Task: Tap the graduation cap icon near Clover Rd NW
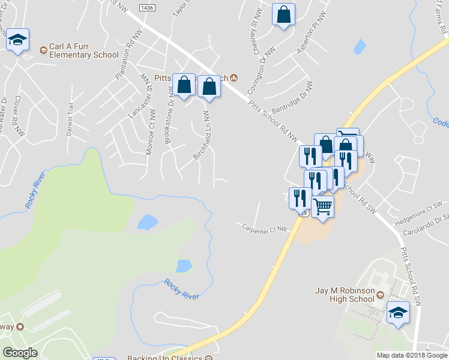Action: pyautogui.click(x=18, y=41)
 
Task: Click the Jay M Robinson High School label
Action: pyautogui.click(x=345, y=295)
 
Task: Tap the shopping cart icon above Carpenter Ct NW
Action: pyautogui.click(x=323, y=207)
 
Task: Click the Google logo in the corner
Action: pyautogui.click(x=20, y=353)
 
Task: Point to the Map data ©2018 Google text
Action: pyautogui.click(x=412, y=355)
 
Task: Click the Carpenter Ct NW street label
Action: pyautogui.click(x=265, y=228)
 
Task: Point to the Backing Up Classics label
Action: pyautogui.click(x=165, y=357)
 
